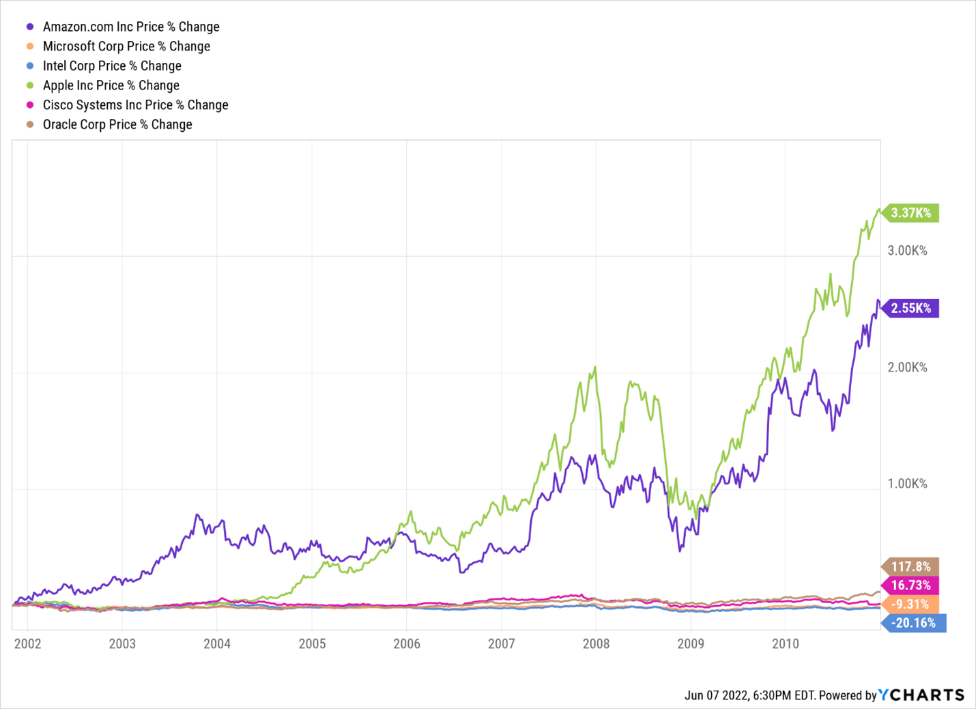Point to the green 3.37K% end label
click(x=911, y=213)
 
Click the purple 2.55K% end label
click(x=911, y=308)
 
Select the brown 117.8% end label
click(x=911, y=567)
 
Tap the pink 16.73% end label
click(x=911, y=585)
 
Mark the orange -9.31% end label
click(x=911, y=604)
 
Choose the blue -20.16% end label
click(x=915, y=623)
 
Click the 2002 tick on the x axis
click(x=28, y=644)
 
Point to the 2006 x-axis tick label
click(x=407, y=644)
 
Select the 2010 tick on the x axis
click(x=786, y=644)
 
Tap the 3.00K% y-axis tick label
click(x=907, y=251)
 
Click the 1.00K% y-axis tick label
click(x=907, y=484)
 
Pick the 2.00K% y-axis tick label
click(x=907, y=367)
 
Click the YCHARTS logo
click(x=921, y=695)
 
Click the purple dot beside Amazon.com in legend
click(x=30, y=27)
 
